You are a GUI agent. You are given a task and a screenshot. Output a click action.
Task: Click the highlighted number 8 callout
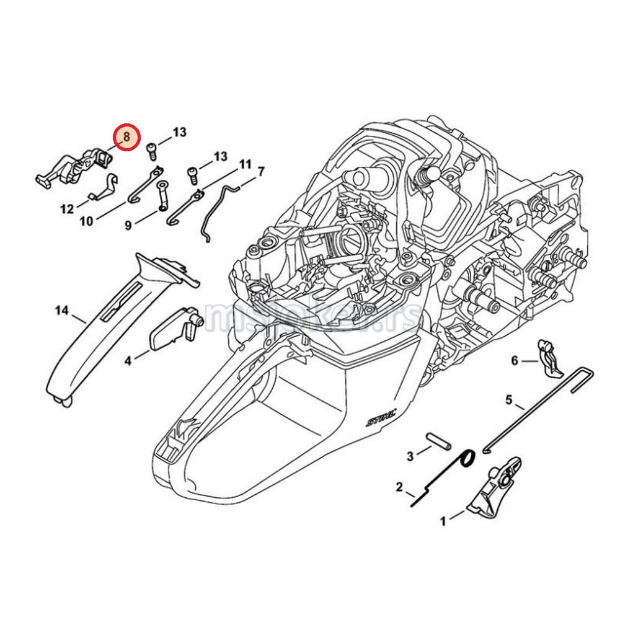tap(126, 137)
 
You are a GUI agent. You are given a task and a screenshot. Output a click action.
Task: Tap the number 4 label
tap(128, 360)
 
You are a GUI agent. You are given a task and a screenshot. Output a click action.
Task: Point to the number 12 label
tap(67, 209)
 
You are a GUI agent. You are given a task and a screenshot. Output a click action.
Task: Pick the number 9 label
tap(128, 226)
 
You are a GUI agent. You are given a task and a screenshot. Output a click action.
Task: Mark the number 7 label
tap(261, 170)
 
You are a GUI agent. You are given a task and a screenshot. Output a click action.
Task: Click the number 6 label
tap(514, 360)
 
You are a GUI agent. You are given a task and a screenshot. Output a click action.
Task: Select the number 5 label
tap(509, 400)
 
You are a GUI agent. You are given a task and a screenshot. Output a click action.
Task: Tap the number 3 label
tap(410, 457)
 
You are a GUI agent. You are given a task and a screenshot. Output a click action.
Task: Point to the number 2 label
tap(400, 487)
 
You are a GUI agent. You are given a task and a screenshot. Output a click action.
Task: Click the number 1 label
tap(443, 521)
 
